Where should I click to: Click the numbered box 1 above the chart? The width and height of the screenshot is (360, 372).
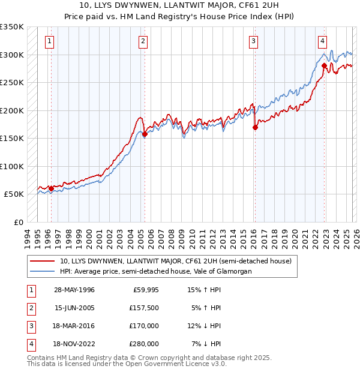pyautogui.click(x=49, y=41)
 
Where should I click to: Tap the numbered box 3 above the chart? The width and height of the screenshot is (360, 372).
pyautogui.click(x=254, y=41)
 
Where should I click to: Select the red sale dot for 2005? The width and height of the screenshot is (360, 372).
pyautogui.click(x=145, y=134)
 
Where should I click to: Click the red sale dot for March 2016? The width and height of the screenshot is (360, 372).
pyautogui.click(x=255, y=127)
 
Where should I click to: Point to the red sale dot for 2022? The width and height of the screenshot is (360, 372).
pyautogui.click(x=324, y=65)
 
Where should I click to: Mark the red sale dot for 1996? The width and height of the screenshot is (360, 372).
pyautogui.click(x=51, y=188)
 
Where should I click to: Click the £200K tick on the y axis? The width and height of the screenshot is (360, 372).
pyautogui.click(x=12, y=110)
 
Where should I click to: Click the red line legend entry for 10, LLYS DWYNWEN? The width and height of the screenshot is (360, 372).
pyautogui.click(x=175, y=261)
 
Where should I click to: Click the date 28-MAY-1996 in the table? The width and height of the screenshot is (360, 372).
pyautogui.click(x=74, y=290)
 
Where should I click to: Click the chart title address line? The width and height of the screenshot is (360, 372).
pyautogui.click(x=180, y=6)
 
